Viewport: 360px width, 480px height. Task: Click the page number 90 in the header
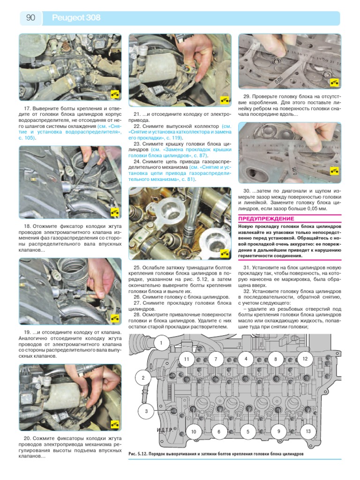click(x=30, y=18)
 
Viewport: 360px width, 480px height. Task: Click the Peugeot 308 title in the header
click(x=76, y=18)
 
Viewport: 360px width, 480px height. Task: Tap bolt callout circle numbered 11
click(x=186, y=359)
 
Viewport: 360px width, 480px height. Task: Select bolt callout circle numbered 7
click(x=216, y=360)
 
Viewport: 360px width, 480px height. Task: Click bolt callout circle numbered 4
click(x=245, y=359)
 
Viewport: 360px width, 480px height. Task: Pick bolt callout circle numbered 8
click(x=276, y=360)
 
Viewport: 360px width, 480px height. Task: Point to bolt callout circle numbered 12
click(x=305, y=359)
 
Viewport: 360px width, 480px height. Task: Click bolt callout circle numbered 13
click(x=307, y=431)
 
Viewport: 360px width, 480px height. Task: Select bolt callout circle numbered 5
click(x=248, y=431)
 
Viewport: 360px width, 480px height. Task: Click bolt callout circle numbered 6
click(x=218, y=431)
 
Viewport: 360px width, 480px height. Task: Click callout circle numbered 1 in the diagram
click(x=161, y=343)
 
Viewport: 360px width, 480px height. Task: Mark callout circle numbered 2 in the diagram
click(x=143, y=377)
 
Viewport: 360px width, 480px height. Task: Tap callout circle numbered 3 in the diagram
click(x=146, y=411)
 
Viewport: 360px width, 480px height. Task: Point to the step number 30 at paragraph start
click(x=248, y=191)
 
